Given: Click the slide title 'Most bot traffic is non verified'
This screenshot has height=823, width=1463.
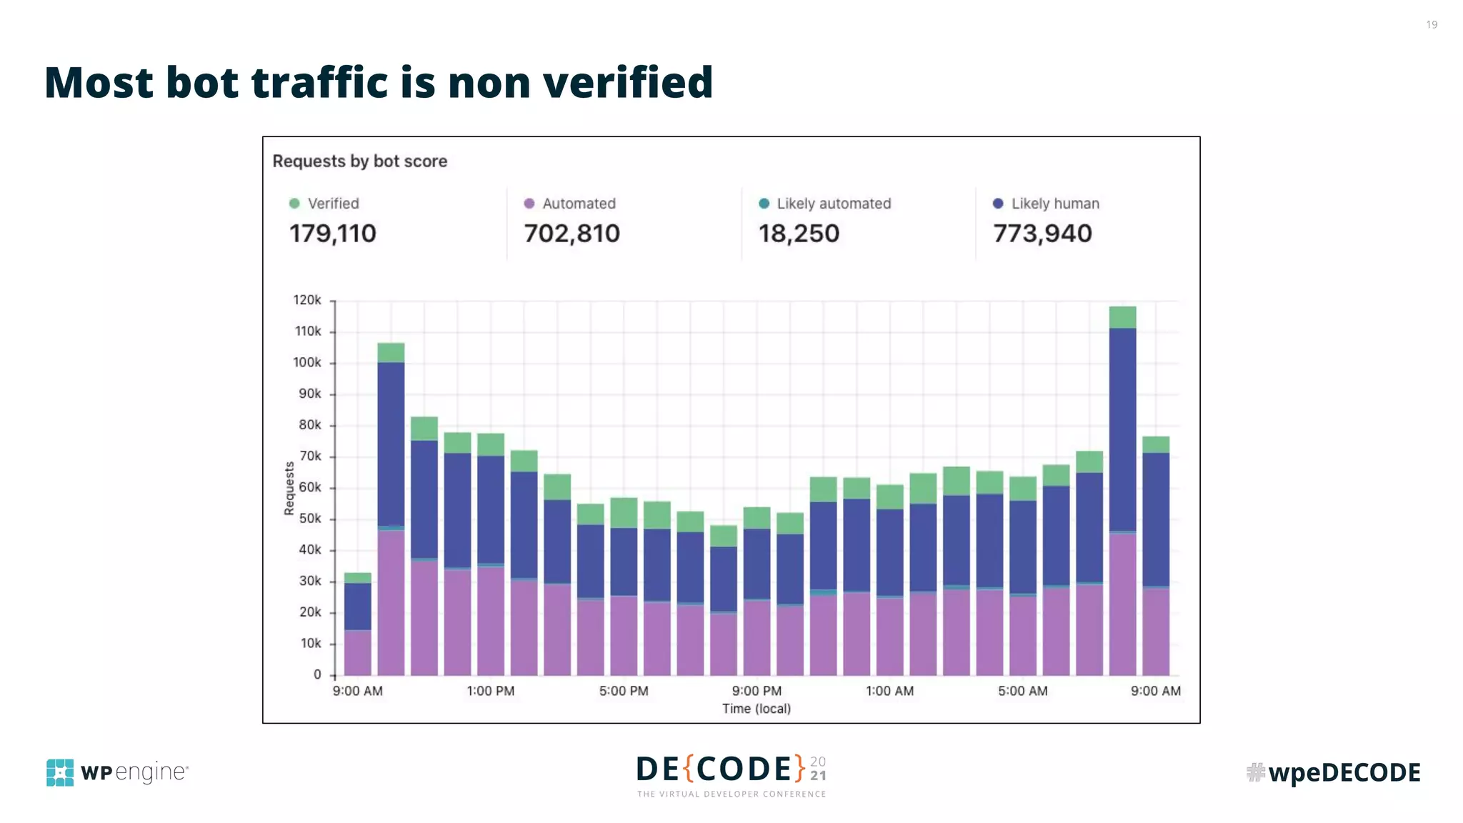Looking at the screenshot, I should [x=379, y=82].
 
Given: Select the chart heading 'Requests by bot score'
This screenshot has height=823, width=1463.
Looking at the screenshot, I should [x=359, y=161].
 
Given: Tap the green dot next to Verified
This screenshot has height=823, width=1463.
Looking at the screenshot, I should [x=294, y=204].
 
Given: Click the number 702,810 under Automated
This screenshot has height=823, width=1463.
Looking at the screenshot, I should [x=571, y=234].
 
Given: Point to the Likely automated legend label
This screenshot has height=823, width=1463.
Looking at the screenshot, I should [x=834, y=204].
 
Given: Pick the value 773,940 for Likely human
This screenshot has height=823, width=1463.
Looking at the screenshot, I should [x=1042, y=234].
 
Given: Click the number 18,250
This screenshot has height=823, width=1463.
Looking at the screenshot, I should [x=799, y=234].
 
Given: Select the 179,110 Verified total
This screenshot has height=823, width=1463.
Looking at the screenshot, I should [x=332, y=234].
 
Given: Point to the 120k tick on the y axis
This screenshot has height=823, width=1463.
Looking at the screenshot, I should [x=307, y=300].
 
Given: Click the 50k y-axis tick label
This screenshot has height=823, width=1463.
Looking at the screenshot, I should [x=310, y=519].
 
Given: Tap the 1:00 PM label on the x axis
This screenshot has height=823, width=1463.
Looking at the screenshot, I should [x=490, y=691].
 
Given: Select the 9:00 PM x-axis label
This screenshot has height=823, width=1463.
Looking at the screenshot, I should [x=757, y=691].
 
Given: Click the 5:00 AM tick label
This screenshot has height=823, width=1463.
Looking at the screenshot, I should [x=1022, y=691].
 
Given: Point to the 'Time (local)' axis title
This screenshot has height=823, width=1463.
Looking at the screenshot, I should [x=756, y=709].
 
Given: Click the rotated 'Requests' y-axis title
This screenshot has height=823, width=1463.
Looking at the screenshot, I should [x=289, y=488].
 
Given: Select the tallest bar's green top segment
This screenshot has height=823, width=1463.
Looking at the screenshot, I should [x=1122, y=317].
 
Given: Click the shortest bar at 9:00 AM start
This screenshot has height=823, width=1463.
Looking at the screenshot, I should [x=357, y=629].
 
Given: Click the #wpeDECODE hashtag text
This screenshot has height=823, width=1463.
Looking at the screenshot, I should [x=1333, y=772].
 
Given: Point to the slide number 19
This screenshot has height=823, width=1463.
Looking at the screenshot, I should [x=1431, y=25].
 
